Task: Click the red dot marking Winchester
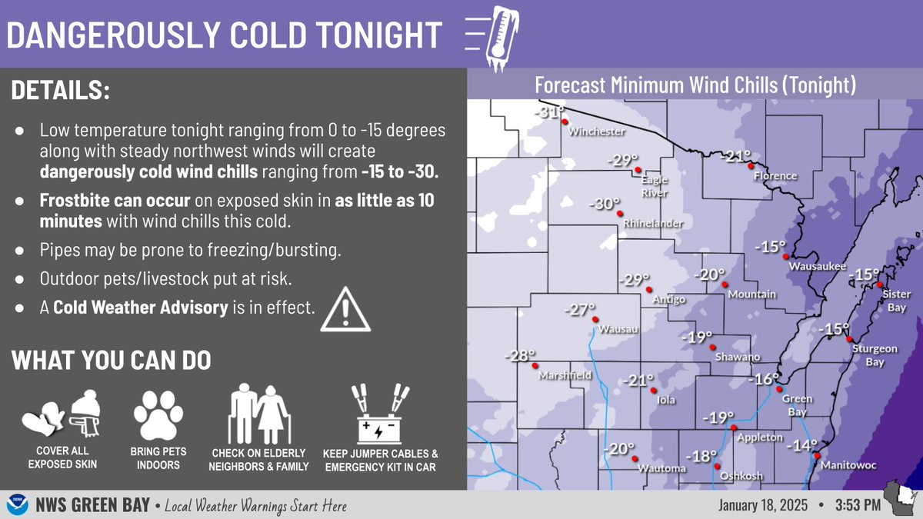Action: pyautogui.click(x=564, y=121)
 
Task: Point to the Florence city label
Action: pyautogui.click(x=775, y=176)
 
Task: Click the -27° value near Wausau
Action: pyautogui.click(x=581, y=310)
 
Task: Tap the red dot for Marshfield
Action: pyautogui.click(x=535, y=366)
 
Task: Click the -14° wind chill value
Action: pyautogui.click(x=804, y=444)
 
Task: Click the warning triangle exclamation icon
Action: pyautogui.click(x=345, y=309)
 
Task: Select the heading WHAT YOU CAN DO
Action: pyautogui.click(x=112, y=360)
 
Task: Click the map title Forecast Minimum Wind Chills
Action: pyautogui.click(x=695, y=84)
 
